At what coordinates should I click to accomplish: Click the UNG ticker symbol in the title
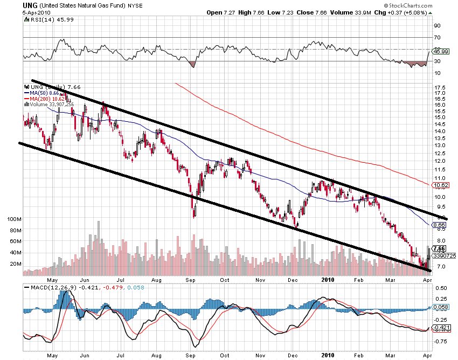[30, 5]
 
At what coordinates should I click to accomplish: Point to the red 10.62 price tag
[441, 185]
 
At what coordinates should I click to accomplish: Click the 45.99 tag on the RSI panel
[441, 51]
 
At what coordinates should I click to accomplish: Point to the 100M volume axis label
[12, 219]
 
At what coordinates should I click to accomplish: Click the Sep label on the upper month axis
[190, 280]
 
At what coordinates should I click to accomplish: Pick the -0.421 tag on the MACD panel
[441, 327]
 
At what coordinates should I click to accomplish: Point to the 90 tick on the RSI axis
[436, 25]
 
